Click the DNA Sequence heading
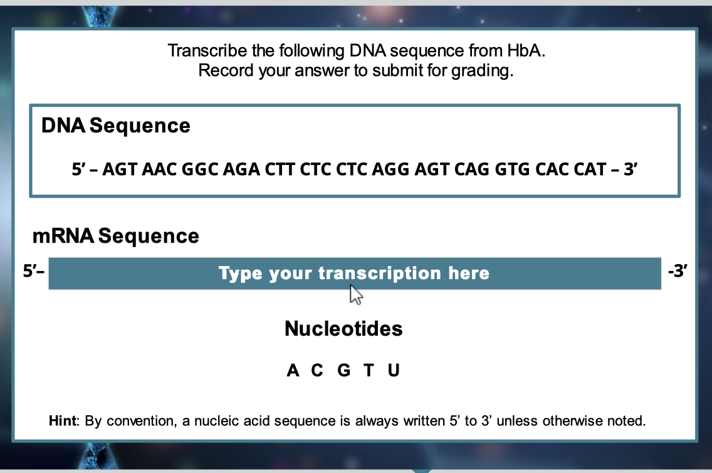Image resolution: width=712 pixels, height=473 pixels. [x=116, y=125]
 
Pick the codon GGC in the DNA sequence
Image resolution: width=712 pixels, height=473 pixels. [x=199, y=169]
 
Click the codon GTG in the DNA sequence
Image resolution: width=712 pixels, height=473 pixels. [x=514, y=169]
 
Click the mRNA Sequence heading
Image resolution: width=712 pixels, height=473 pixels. [x=116, y=236]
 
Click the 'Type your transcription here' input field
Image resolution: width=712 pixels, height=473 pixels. [x=355, y=274]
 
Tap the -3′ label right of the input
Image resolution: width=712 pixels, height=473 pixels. [x=678, y=272]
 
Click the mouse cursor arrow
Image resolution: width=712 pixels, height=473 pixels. [x=355, y=294]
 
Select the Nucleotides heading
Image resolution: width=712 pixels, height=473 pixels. [x=343, y=328]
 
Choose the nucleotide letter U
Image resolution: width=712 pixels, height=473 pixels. [x=394, y=371]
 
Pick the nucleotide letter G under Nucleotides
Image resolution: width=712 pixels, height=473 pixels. [x=343, y=371]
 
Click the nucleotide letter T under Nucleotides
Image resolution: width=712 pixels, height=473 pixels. [x=369, y=371]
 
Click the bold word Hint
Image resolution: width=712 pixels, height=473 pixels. [x=63, y=421]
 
